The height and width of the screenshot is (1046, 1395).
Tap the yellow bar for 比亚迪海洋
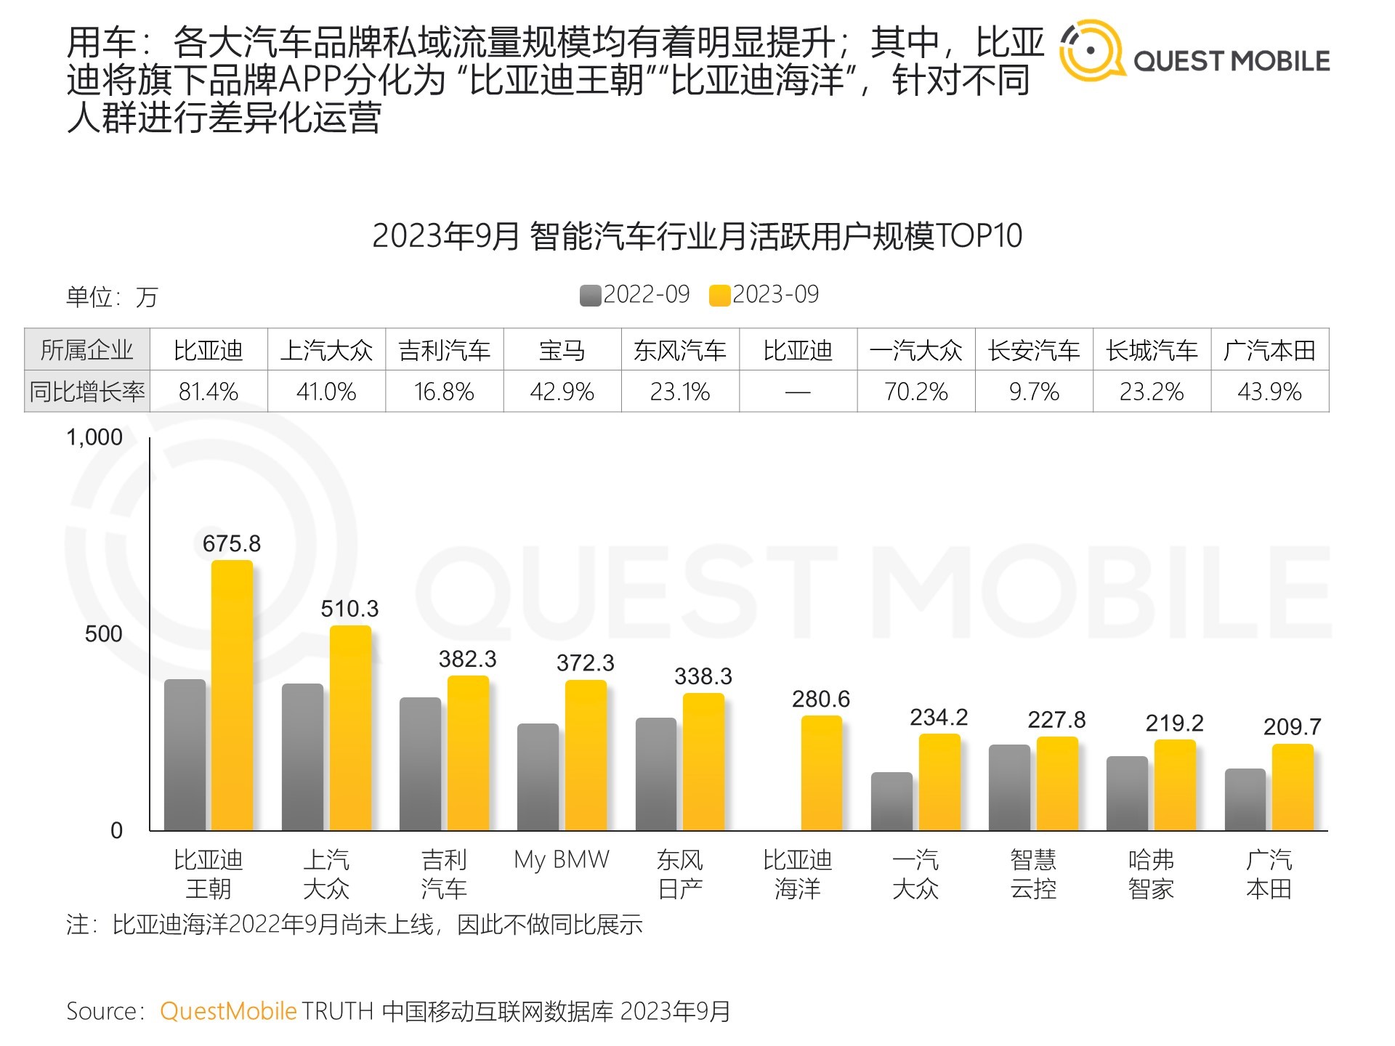[821, 773]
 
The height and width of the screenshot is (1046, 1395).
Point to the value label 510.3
[349, 609]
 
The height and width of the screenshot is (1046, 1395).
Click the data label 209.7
[1292, 726]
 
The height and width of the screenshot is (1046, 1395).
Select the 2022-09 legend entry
[635, 295]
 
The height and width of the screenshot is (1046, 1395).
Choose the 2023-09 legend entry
[764, 295]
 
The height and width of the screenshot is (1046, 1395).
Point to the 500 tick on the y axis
[103, 633]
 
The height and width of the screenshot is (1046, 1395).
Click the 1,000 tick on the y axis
[94, 437]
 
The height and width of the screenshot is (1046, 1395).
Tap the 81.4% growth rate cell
[209, 392]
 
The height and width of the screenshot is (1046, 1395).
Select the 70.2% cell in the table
[915, 392]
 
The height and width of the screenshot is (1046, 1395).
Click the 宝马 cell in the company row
[562, 351]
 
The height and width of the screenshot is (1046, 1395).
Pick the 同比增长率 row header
[87, 392]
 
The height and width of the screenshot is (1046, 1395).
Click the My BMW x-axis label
[562, 860]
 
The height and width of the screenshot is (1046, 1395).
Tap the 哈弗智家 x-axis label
[1151, 874]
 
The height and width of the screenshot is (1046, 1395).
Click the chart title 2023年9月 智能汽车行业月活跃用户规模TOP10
[697, 236]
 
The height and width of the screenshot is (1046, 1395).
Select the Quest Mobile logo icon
[1091, 51]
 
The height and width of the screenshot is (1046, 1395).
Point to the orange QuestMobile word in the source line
[228, 1011]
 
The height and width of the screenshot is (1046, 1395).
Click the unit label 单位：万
[112, 297]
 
